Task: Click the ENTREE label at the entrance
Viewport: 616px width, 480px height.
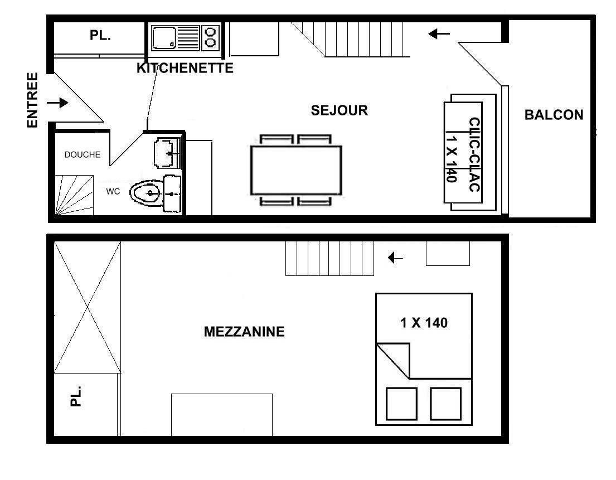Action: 32,100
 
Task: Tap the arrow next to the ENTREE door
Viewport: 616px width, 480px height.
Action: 57,103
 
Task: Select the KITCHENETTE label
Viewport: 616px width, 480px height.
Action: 185,68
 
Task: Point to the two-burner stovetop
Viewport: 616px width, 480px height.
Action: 211,38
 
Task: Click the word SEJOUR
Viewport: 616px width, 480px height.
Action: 339,110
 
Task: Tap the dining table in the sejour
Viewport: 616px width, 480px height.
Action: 296,170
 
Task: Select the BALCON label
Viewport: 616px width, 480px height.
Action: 554,115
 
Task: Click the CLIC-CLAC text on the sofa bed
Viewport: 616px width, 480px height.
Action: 474,154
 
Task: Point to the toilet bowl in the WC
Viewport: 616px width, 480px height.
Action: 146,193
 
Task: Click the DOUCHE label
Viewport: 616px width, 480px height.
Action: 83,155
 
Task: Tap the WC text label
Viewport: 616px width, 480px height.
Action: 113,192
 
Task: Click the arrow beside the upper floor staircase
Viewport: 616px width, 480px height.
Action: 439,34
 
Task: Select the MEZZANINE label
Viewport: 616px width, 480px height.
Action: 244,332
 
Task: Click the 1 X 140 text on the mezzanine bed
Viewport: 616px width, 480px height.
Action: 424,323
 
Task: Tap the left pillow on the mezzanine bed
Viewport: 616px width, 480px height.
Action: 401,404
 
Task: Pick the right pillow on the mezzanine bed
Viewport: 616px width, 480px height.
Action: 445,404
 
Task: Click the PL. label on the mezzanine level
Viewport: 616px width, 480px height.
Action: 75,396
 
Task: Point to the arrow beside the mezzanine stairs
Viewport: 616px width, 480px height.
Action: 395,258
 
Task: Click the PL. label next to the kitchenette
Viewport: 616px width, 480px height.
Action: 100,35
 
